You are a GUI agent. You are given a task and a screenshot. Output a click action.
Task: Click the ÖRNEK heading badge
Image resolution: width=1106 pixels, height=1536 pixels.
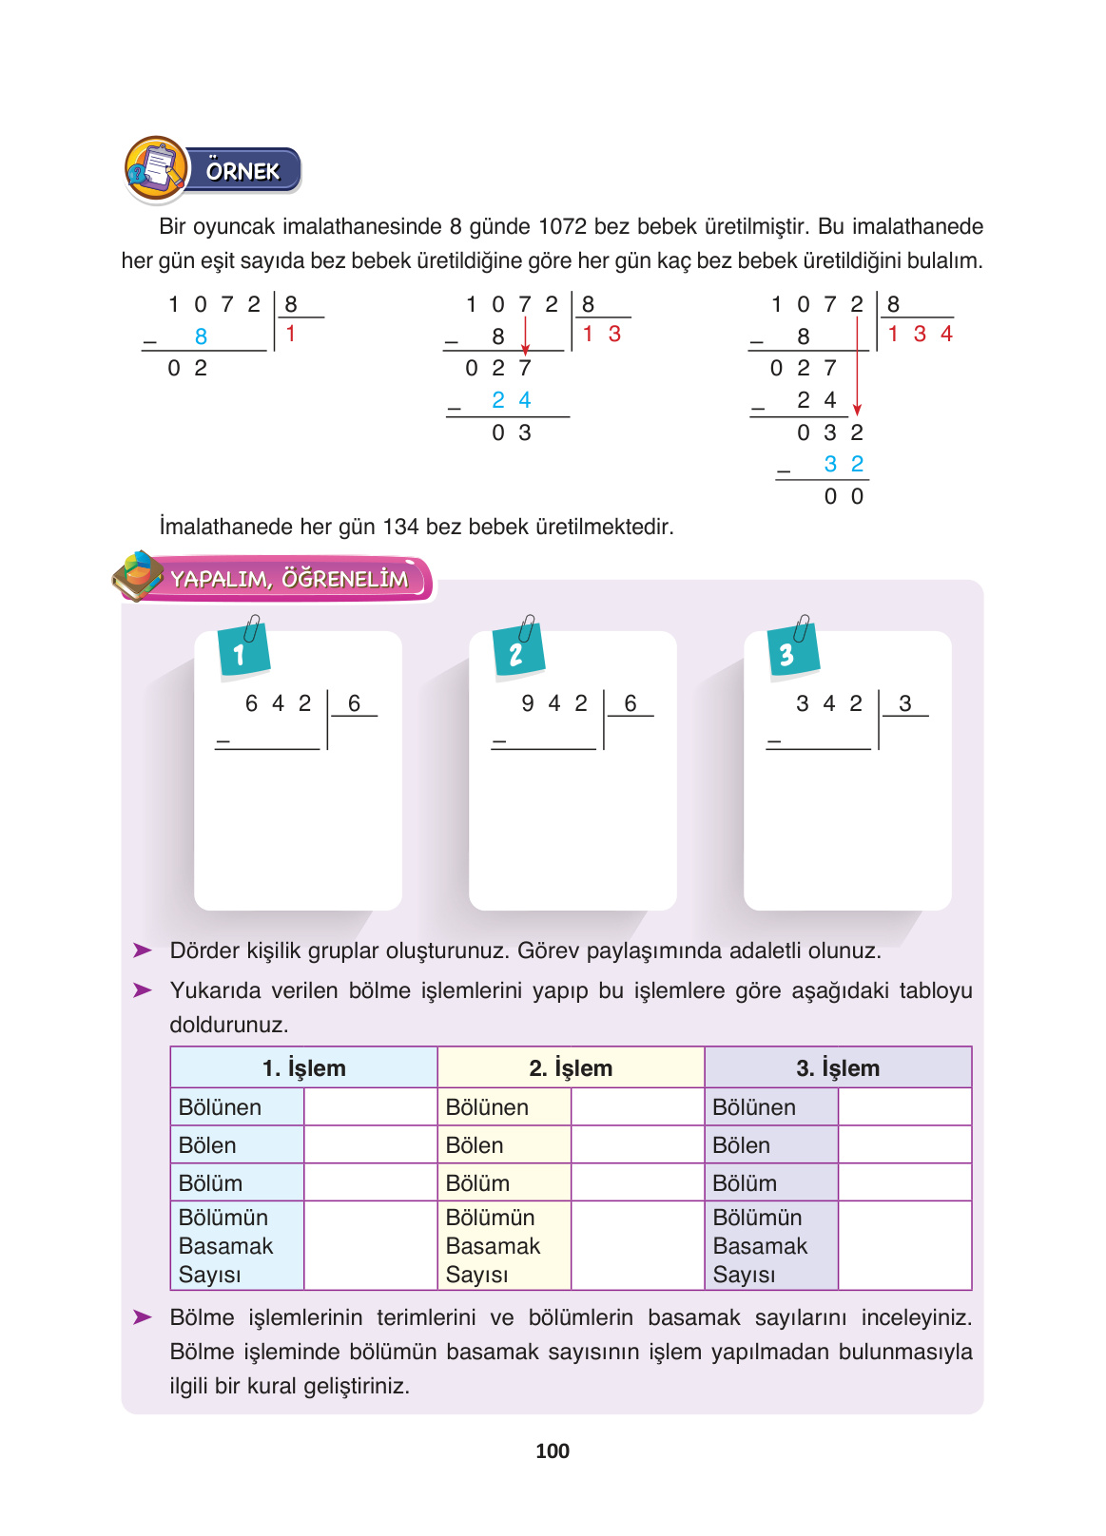243,171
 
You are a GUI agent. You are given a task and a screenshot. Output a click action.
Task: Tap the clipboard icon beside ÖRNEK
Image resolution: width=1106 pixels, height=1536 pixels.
156,169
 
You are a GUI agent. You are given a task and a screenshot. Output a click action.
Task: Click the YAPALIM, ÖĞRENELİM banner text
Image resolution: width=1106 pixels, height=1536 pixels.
290,579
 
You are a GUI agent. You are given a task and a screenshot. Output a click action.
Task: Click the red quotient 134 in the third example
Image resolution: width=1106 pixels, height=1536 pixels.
920,334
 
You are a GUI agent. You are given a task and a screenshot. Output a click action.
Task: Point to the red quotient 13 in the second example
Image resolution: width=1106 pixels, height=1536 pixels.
601,334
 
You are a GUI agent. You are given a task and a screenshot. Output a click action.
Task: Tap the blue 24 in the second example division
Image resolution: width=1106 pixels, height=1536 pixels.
511,400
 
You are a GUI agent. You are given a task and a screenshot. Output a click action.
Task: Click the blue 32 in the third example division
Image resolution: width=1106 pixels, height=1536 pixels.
844,464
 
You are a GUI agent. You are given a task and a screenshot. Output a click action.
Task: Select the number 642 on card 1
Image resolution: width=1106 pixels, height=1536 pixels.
278,703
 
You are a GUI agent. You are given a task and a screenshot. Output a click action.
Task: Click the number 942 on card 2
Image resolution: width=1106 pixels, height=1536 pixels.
554,703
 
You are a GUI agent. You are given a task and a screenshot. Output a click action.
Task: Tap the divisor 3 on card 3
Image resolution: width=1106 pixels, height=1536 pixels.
905,703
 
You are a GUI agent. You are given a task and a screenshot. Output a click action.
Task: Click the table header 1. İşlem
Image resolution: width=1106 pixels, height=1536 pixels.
303,1068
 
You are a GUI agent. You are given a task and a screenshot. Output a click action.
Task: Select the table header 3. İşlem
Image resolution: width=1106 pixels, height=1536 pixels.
838,1068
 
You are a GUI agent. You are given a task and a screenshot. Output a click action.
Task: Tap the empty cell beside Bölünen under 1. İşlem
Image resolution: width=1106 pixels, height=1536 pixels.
370,1107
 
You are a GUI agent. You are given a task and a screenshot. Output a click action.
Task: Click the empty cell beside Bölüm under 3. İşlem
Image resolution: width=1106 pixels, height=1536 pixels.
904,1183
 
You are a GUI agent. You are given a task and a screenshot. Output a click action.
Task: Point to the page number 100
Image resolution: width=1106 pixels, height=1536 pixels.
553,1451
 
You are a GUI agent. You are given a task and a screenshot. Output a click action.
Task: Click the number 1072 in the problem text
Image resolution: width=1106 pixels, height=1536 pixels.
562,227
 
